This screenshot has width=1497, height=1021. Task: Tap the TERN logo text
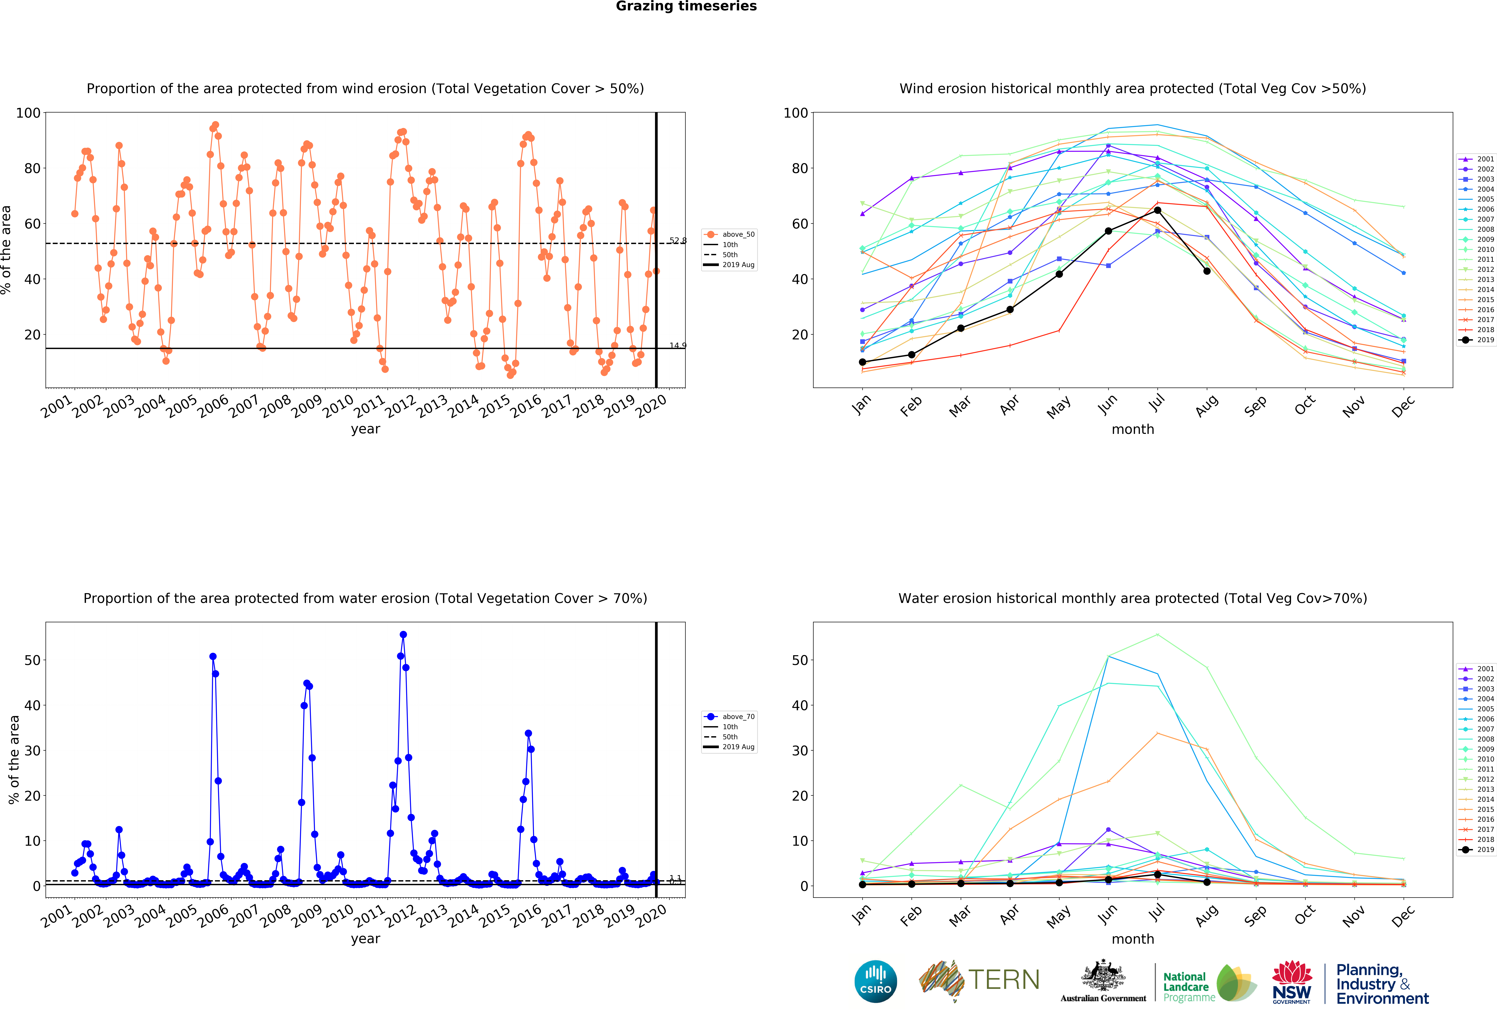coord(1004,980)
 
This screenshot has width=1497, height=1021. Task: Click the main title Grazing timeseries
coord(686,6)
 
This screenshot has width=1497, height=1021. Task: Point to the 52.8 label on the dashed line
coord(678,240)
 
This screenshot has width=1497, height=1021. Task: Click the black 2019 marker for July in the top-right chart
coord(1158,210)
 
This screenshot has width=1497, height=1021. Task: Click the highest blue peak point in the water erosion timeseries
coord(403,634)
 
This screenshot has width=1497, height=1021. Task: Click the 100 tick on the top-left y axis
coord(28,113)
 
